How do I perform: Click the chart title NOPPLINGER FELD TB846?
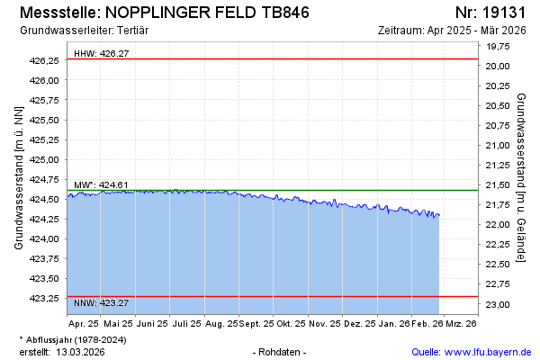[x=208, y=13]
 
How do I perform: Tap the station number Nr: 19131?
[x=491, y=13]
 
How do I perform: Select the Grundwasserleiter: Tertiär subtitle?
[x=84, y=31]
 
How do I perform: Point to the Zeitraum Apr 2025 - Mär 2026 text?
[x=453, y=31]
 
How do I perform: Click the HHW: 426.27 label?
[x=101, y=54]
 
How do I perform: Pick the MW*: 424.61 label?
[x=101, y=185]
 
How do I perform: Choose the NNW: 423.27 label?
[x=101, y=302]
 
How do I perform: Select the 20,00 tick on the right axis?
[x=498, y=66]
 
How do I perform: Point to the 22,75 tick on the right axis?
[x=498, y=284]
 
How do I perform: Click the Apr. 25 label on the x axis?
[x=84, y=322]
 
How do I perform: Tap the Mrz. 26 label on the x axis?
[x=460, y=322]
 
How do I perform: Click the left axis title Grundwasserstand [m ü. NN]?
[x=18, y=177]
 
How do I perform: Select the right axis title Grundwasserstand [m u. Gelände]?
[x=522, y=177]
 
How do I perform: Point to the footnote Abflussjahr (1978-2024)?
[x=76, y=339]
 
